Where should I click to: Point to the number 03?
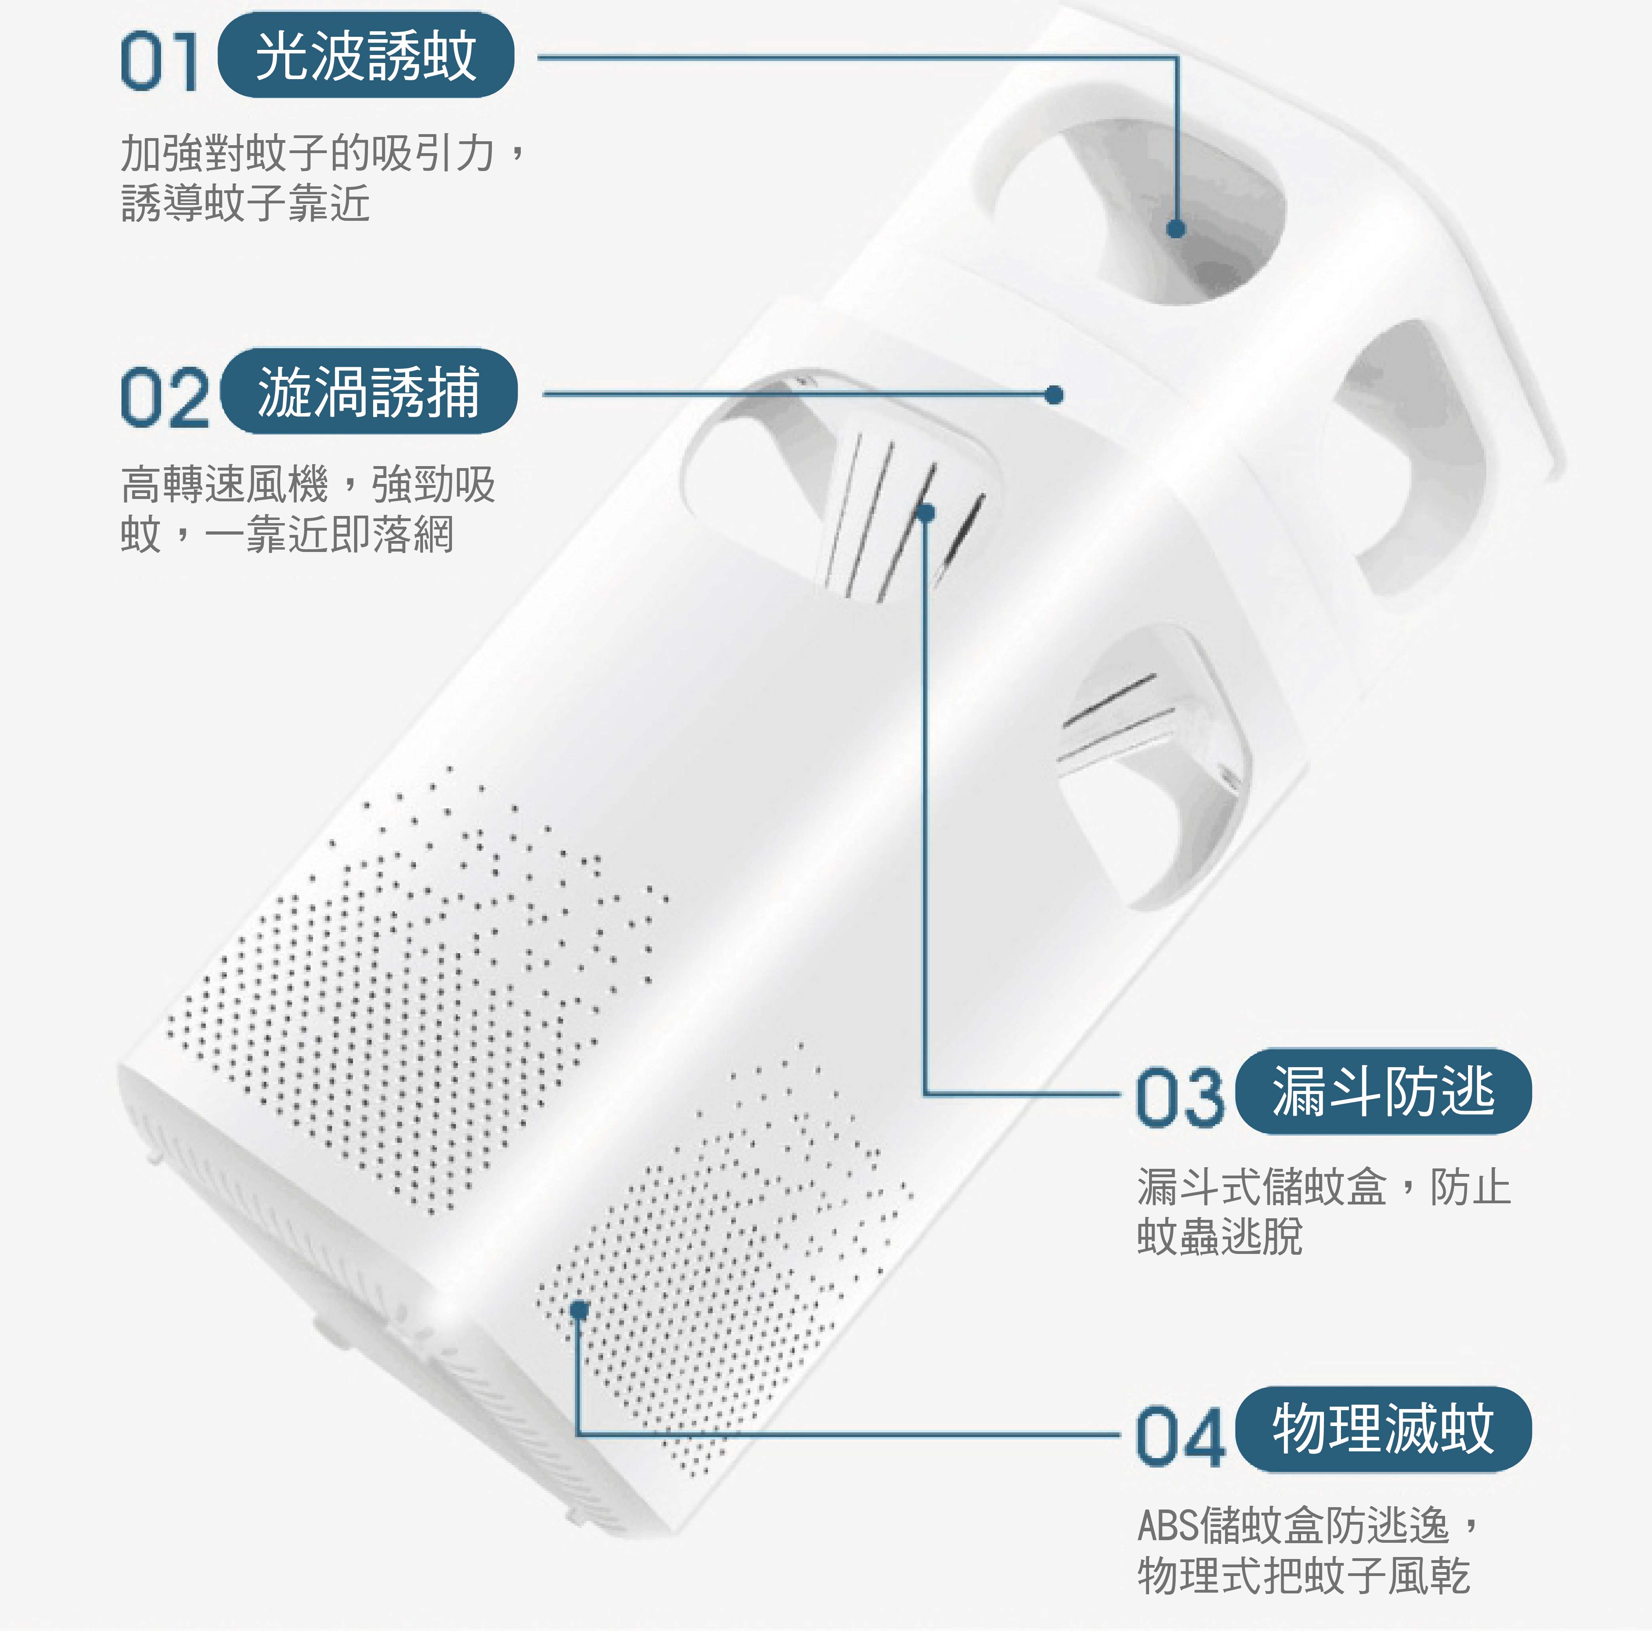1180,1096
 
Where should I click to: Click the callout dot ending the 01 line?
1176,228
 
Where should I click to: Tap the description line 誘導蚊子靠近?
245,203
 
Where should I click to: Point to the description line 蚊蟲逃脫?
1220,1236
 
